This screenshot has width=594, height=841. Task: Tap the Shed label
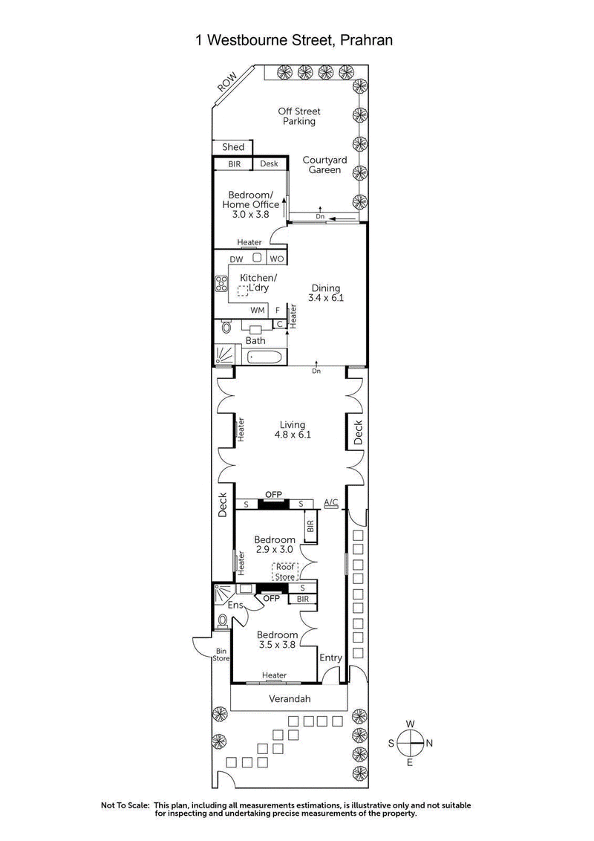click(233, 147)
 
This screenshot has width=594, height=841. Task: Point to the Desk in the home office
click(269, 164)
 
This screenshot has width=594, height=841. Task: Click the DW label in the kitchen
click(236, 259)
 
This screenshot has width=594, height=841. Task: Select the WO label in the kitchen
click(276, 259)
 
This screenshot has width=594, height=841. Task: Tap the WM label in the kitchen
click(257, 311)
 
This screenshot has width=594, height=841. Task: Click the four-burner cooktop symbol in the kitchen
click(221, 283)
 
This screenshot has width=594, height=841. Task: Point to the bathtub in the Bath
click(264, 357)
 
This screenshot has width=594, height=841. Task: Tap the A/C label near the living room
click(331, 503)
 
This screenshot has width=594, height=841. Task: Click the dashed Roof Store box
click(284, 571)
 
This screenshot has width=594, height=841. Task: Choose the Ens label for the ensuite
click(235, 605)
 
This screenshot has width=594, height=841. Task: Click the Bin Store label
click(221, 655)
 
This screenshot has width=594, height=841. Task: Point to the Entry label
click(330, 657)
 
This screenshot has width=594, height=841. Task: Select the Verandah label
click(288, 699)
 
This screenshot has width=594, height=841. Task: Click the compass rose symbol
click(411, 742)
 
